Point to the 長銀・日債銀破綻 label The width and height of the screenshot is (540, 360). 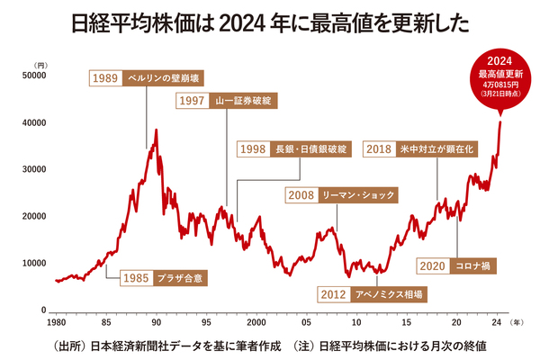coord(310,149)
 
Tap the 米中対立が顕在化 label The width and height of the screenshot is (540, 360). coord(435,149)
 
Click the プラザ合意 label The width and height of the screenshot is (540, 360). coord(180,276)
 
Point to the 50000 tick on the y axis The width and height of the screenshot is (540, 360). coord(33,76)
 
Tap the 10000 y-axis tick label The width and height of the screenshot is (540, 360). coord(33,264)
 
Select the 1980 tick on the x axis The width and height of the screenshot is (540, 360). coord(56,321)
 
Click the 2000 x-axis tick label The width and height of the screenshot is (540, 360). coord(256,321)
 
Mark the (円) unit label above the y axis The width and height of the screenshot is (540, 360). coord(41,65)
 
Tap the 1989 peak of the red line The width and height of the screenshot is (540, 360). coord(157,130)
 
